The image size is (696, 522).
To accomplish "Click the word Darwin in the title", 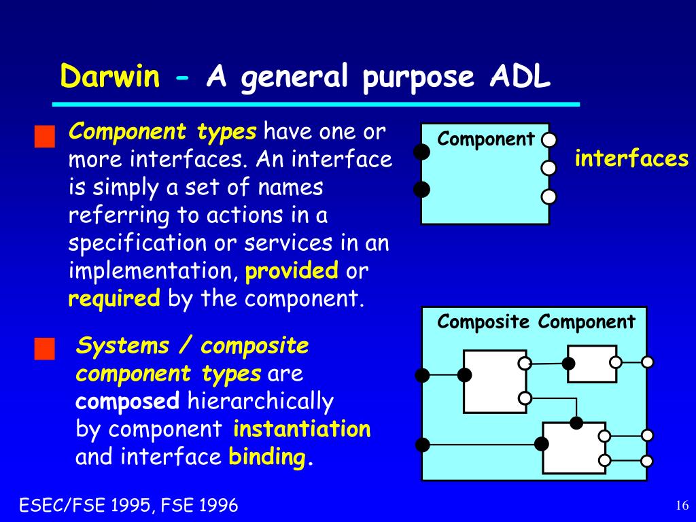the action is (x=109, y=76).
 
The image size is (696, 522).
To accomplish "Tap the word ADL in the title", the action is (x=520, y=76).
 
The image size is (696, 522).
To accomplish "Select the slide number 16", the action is (x=682, y=505).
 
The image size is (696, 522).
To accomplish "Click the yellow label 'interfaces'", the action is (x=631, y=158).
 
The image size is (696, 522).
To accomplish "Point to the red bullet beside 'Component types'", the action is (x=44, y=136).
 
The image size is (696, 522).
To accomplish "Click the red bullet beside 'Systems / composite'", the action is (x=44, y=349).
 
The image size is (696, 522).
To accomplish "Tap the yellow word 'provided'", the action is (x=292, y=271).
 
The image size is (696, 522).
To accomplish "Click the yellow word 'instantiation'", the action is (x=302, y=429).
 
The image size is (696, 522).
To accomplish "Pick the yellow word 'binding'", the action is (x=266, y=457).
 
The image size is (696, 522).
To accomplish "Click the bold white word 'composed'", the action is (x=127, y=402).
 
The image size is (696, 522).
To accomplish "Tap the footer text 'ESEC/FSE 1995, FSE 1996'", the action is (x=128, y=505).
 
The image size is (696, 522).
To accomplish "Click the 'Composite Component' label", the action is (x=536, y=321).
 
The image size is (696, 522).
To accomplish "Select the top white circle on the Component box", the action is (x=549, y=140).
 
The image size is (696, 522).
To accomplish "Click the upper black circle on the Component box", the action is (x=421, y=152).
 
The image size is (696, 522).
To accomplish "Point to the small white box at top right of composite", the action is (x=592, y=364).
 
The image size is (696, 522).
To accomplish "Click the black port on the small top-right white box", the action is (x=568, y=364).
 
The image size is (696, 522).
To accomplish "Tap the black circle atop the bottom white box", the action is (x=576, y=423).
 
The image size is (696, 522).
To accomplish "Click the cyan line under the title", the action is (x=316, y=104).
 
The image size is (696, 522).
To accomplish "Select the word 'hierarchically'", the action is (x=260, y=402).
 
